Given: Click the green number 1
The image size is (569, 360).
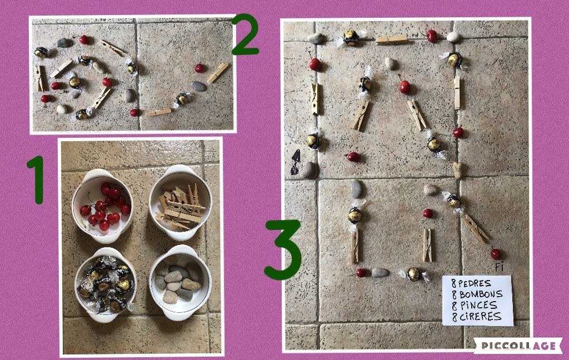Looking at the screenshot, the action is pos(37,179).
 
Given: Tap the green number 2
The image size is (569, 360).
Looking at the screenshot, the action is pos(245,35).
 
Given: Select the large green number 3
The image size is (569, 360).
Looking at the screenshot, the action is pos(283,249).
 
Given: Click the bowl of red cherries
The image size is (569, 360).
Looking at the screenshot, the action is pos(103,206).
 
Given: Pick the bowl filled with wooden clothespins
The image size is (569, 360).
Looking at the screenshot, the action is pos(181,202).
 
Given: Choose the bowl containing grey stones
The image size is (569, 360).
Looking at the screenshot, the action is pos(181,282).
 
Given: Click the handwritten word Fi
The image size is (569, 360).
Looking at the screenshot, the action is pos(500,267).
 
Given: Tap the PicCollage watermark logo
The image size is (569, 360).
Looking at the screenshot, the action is pos(518,345).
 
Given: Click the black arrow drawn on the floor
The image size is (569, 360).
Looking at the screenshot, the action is pos(296,162).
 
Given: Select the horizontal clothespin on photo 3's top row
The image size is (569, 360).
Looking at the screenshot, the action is pos(391,39).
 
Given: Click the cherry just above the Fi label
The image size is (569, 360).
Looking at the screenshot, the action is pos(496,254).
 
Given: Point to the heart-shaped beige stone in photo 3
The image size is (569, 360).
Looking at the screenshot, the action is pos(458,170).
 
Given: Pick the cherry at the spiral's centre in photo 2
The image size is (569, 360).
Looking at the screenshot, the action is pos(56,86).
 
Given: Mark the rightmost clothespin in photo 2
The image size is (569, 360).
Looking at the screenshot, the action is pos(218,73).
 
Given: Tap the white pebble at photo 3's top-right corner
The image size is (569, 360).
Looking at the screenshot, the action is pos(453,37).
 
